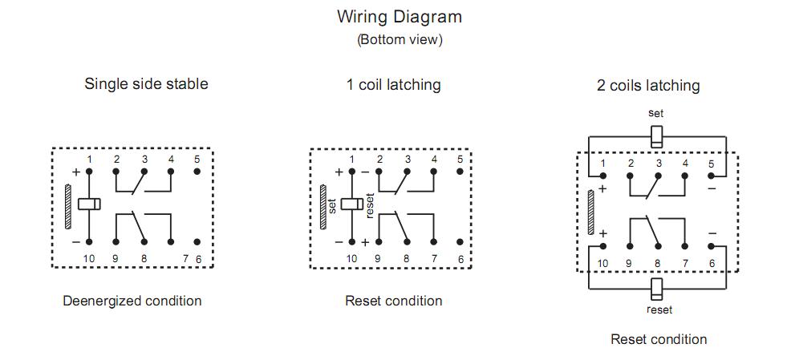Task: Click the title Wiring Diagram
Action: [399, 16]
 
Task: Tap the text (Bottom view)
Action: [399, 39]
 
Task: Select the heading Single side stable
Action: [146, 83]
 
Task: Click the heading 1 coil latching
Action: [393, 84]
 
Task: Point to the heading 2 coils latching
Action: [648, 85]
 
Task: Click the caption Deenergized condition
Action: [132, 301]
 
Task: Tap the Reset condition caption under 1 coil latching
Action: [393, 301]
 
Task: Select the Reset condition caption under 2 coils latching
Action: [659, 339]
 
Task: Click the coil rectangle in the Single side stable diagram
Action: [89, 204]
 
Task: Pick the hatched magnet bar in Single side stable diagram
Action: [68, 207]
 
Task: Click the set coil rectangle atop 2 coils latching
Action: [656, 135]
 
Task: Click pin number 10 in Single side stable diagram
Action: [89, 258]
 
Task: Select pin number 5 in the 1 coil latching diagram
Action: [460, 159]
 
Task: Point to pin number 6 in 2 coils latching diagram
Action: [712, 263]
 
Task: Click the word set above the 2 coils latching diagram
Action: [655, 113]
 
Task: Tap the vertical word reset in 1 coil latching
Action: [370, 206]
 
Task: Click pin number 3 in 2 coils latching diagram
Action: [658, 164]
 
